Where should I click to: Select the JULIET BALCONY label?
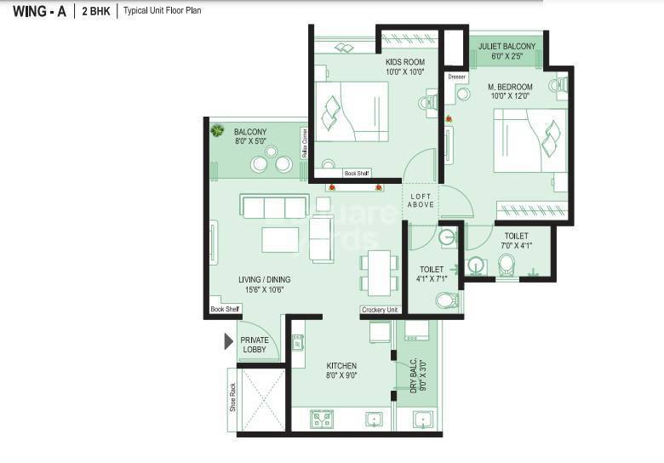(507, 51)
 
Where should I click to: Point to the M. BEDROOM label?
(510, 91)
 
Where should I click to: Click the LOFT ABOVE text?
(421, 199)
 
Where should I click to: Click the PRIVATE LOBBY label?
(254, 345)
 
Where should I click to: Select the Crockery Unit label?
(380, 310)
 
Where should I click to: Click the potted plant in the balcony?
(218, 130)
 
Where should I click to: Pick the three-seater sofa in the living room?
(274, 207)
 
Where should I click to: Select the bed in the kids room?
(351, 111)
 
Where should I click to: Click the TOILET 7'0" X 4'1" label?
(516, 241)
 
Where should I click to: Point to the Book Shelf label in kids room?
(355, 173)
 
